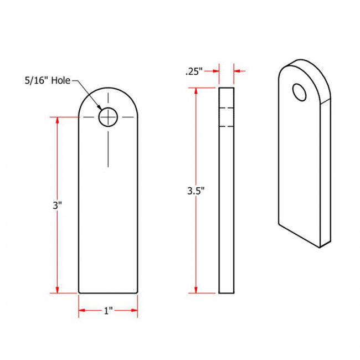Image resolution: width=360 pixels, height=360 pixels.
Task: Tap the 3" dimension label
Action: [x=57, y=205]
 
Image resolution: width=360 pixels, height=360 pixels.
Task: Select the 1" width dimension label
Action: [x=108, y=311]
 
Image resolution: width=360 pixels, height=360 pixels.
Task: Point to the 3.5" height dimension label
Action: [x=196, y=192]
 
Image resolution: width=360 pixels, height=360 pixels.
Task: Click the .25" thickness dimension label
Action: [x=193, y=71]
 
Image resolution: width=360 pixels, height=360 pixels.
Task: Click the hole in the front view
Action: [x=109, y=117]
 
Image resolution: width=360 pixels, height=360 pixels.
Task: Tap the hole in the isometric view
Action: [x=300, y=92]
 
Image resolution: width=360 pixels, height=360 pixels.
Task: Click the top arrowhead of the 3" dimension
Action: [x=58, y=120]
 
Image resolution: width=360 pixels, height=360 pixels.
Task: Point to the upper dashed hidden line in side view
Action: [x=227, y=106]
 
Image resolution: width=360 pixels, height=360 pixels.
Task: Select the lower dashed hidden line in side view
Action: [x=227, y=126]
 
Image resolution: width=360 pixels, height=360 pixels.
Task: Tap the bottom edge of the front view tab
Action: [x=108, y=292]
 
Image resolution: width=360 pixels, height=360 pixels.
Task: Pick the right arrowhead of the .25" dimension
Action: [x=238, y=71]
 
